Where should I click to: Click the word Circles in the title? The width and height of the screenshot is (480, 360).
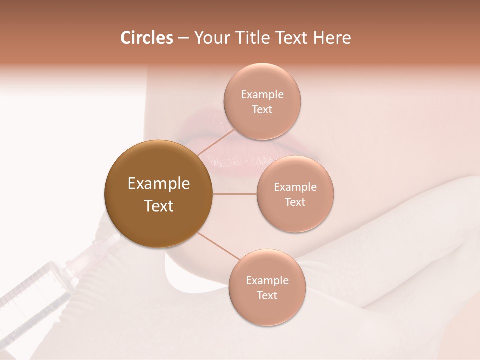coord(147,38)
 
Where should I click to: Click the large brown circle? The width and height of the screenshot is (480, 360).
coord(159,194)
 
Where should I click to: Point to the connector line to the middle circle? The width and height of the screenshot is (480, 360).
coord(235,194)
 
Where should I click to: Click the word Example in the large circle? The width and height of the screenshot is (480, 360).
coord(159,184)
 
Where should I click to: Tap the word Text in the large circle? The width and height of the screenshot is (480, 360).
coord(159,206)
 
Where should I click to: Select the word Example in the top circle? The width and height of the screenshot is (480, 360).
coord(262,95)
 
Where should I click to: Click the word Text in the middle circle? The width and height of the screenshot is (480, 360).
coord(295,202)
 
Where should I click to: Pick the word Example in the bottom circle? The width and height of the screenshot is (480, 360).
coord(267,281)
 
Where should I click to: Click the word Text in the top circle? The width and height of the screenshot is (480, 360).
coord(262,110)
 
